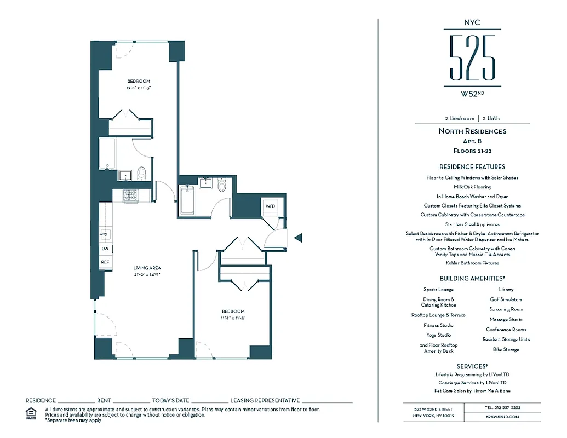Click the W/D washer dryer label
point(270,206)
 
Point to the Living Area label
point(146,268)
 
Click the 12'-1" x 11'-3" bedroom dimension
point(139,87)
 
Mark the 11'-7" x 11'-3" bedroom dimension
point(233,318)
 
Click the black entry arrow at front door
point(298,237)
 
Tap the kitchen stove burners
point(130,194)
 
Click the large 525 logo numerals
point(472,57)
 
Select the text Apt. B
point(472,141)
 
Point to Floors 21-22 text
point(472,150)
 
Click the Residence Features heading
point(472,167)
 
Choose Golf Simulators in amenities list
point(506,299)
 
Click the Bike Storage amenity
point(506,349)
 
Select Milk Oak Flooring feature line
point(472,187)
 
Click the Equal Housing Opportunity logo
point(31,412)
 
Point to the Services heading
point(472,366)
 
